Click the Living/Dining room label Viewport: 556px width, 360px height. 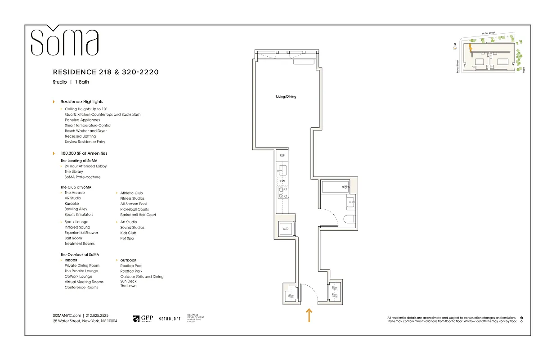click(286, 97)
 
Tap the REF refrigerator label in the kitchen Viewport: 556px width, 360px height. click(282, 155)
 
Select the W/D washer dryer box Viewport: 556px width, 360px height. click(285, 229)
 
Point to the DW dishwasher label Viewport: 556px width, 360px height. click(282, 181)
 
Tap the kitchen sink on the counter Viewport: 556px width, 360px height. click(282, 170)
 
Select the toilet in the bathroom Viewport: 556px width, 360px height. click(350, 220)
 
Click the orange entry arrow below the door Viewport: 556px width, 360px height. click(309, 315)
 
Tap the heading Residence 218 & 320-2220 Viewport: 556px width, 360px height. click(106, 72)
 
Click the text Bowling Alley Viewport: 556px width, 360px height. click(76, 209)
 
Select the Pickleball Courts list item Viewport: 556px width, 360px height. click(135, 209)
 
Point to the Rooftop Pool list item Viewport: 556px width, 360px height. click(131, 266)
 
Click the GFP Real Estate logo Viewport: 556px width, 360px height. click(143, 319)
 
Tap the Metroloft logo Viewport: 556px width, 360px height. click(170, 319)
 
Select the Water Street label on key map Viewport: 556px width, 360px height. click(488, 33)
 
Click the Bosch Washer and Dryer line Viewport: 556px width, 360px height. click(86, 131)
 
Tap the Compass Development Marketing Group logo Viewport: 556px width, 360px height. click(195, 318)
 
